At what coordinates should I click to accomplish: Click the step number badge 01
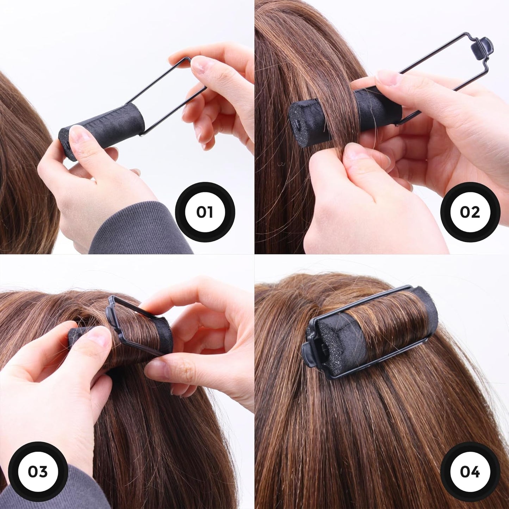pos(205,212)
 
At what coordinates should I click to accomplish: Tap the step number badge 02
pos(470,212)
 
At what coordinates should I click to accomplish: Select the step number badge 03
pos(38,471)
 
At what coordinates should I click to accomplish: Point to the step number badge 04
pos(470,471)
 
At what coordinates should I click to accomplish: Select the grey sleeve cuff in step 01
pos(141,229)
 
